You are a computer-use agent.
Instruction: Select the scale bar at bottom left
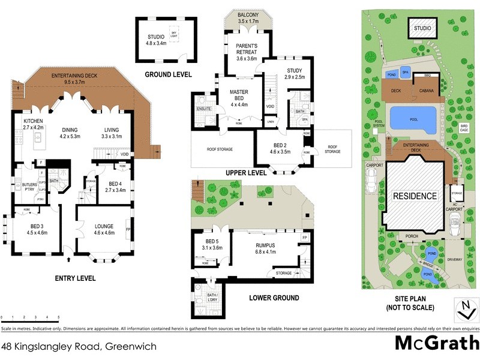click(x=30, y=318)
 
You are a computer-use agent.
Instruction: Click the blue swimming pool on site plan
click(x=413, y=119)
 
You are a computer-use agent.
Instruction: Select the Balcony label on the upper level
click(x=247, y=18)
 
